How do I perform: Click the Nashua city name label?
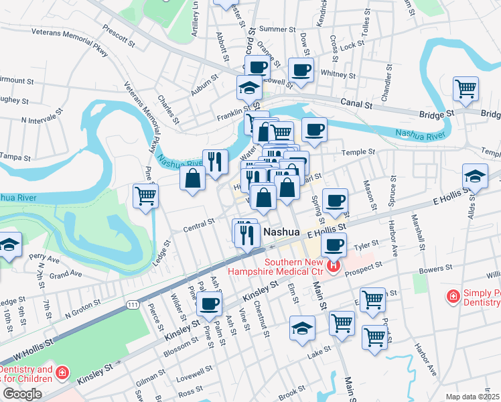(281, 231)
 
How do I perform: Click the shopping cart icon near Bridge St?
(465, 88)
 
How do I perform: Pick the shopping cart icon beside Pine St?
(145, 196)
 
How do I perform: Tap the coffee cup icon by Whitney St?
(301, 69)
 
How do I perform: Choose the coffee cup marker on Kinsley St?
(208, 305)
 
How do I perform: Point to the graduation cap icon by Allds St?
(475, 177)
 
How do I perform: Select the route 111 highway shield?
(133, 305)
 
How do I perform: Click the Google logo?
(22, 394)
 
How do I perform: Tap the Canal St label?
(357, 105)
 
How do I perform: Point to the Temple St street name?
(357, 153)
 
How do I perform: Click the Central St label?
(199, 224)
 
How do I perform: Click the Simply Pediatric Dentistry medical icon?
(453, 295)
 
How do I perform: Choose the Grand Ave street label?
(66, 274)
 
